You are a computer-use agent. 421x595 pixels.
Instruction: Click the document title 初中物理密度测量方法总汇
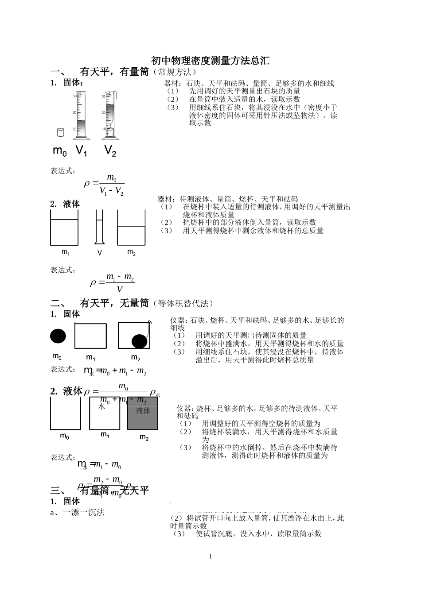pyautogui.click(x=210, y=61)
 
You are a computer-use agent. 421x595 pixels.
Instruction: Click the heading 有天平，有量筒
pyautogui.click(x=114, y=72)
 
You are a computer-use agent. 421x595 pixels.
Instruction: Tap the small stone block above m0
pyautogui.click(x=61, y=132)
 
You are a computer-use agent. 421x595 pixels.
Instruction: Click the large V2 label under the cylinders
pyautogui.click(x=110, y=151)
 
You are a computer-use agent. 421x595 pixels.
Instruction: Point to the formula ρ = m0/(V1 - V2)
pyautogui.click(x=104, y=184)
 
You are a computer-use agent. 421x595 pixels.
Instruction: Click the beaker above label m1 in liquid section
pyautogui.click(x=64, y=228)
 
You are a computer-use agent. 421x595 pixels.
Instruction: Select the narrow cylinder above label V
pyautogui.click(x=99, y=227)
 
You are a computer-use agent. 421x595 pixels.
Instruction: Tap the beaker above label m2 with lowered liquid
pyautogui.click(x=131, y=228)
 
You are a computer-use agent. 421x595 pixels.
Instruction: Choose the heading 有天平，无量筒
pyautogui.click(x=114, y=303)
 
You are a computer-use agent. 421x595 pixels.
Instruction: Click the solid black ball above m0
pyautogui.click(x=58, y=336)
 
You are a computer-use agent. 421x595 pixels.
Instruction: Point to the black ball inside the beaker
pyautogui.click(x=140, y=341)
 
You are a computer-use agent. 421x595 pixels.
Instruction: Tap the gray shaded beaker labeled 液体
pyautogui.click(x=143, y=413)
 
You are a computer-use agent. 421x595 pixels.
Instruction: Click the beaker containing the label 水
pyautogui.click(x=105, y=413)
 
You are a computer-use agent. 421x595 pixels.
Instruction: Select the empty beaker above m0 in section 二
pyautogui.click(x=66, y=413)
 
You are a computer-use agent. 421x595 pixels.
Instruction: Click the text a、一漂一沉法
pyautogui.click(x=78, y=513)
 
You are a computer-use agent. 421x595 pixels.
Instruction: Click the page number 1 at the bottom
pyautogui.click(x=210, y=556)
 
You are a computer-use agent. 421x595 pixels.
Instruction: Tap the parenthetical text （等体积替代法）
pyautogui.click(x=183, y=304)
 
